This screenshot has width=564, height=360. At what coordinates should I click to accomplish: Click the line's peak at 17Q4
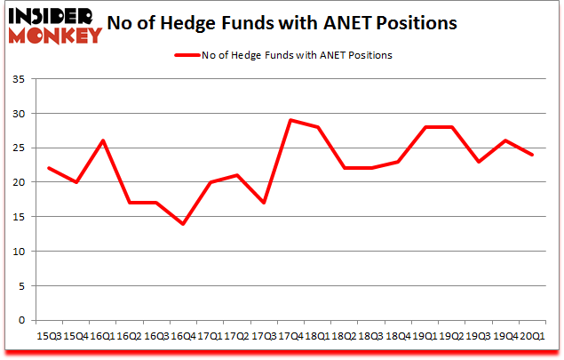point(290,120)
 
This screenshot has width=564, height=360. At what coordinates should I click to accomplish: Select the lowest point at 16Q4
point(184,223)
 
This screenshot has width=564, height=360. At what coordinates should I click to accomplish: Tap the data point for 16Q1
point(103,140)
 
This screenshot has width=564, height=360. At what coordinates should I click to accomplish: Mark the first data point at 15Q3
point(50,168)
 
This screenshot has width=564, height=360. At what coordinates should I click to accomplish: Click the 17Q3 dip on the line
point(263,203)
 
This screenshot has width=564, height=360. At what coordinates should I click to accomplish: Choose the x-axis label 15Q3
point(50,337)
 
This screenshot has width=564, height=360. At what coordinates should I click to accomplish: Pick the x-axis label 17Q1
point(210,337)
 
